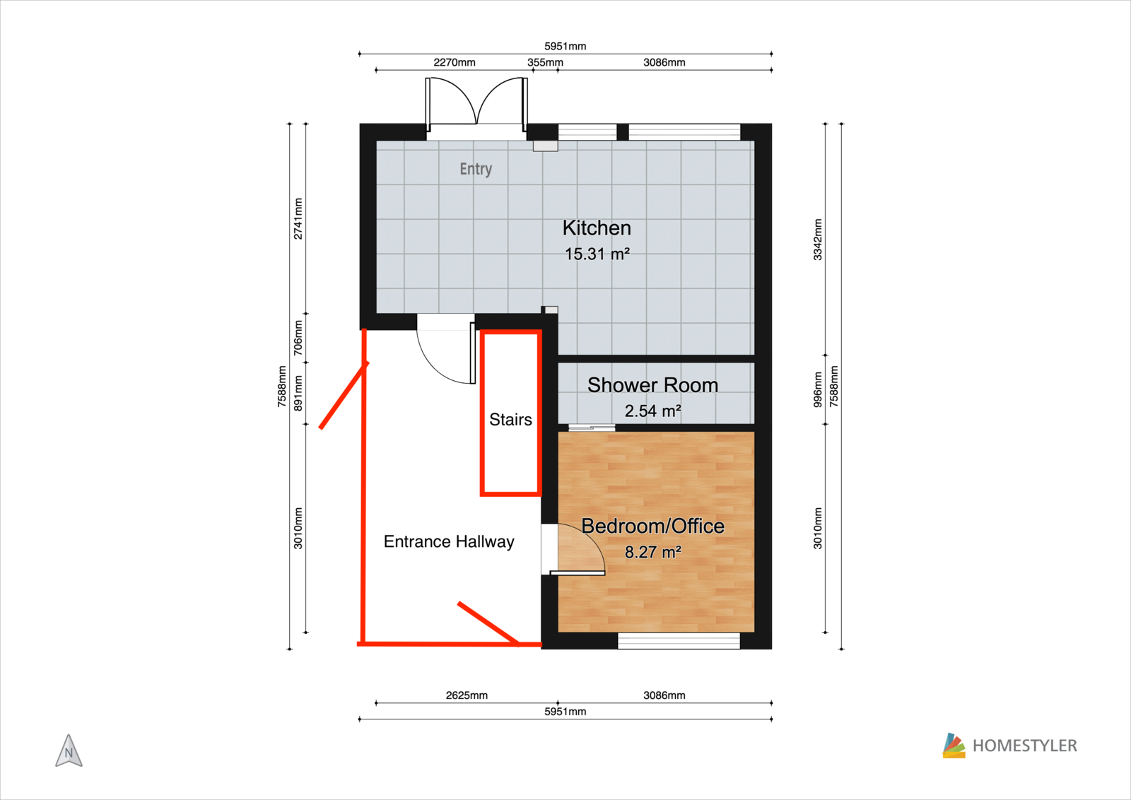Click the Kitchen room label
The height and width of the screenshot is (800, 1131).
(597, 228)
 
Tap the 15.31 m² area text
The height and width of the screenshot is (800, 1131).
(597, 254)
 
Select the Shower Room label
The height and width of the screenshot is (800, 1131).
(653, 385)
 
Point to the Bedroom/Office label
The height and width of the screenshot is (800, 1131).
(653, 526)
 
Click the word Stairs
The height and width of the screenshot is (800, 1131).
(510, 419)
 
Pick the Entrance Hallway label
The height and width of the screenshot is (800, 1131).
(449, 541)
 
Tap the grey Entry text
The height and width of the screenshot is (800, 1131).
(476, 169)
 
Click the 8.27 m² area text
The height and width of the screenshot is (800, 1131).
(653, 552)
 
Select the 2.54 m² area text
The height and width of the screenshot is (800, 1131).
(653, 411)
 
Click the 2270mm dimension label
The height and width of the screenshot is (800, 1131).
(455, 63)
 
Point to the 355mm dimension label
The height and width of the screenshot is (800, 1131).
(545, 63)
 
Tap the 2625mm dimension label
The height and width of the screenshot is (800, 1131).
(467, 695)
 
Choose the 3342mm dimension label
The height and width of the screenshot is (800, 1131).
(817, 240)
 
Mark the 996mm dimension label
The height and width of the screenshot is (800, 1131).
(817, 389)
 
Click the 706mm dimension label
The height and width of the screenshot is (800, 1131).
(298, 338)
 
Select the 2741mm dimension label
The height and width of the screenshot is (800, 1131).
(298, 218)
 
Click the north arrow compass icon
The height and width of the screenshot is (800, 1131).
(69, 751)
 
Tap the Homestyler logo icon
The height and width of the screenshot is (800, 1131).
(954, 746)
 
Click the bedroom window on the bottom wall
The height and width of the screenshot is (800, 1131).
(679, 641)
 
